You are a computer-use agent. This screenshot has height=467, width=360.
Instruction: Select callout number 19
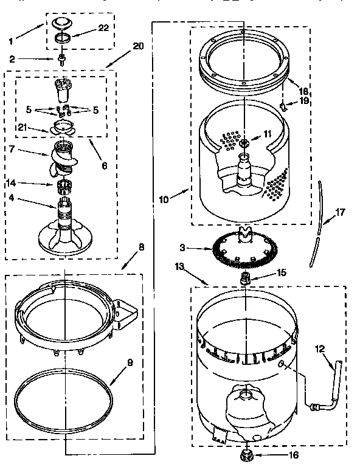pyautogui.click(x=304, y=100)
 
